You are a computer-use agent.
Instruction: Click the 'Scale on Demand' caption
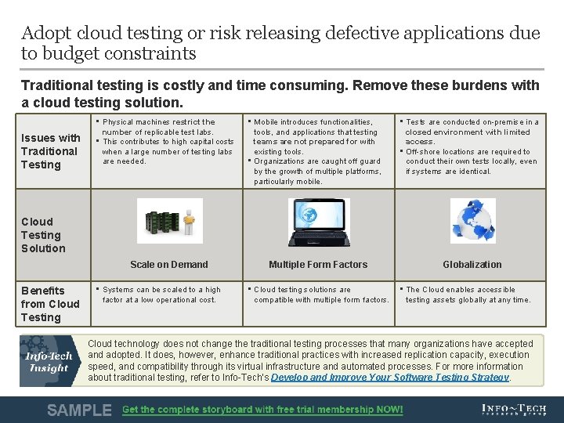[x=169, y=265]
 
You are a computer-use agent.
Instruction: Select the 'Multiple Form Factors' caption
[x=318, y=265]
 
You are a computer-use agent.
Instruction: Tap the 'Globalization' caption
[x=472, y=265]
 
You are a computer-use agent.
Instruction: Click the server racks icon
[x=169, y=221]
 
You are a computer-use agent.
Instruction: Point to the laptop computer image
[x=319, y=222]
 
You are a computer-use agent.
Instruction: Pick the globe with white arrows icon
[x=472, y=221]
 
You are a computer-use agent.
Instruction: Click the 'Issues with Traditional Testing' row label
[x=51, y=151]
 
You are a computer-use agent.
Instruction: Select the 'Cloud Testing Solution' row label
[x=43, y=235]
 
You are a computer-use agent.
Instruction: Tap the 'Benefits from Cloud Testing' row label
[x=50, y=304]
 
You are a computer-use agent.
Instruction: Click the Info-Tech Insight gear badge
[x=50, y=360]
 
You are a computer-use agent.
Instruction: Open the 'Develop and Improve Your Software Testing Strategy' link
[x=410, y=378]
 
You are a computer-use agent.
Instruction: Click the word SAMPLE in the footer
[x=79, y=410]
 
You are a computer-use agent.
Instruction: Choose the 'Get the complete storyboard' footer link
[x=262, y=410]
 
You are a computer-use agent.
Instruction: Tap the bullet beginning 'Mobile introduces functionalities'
[x=317, y=137]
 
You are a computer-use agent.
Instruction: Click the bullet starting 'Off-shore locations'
[x=471, y=161]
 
